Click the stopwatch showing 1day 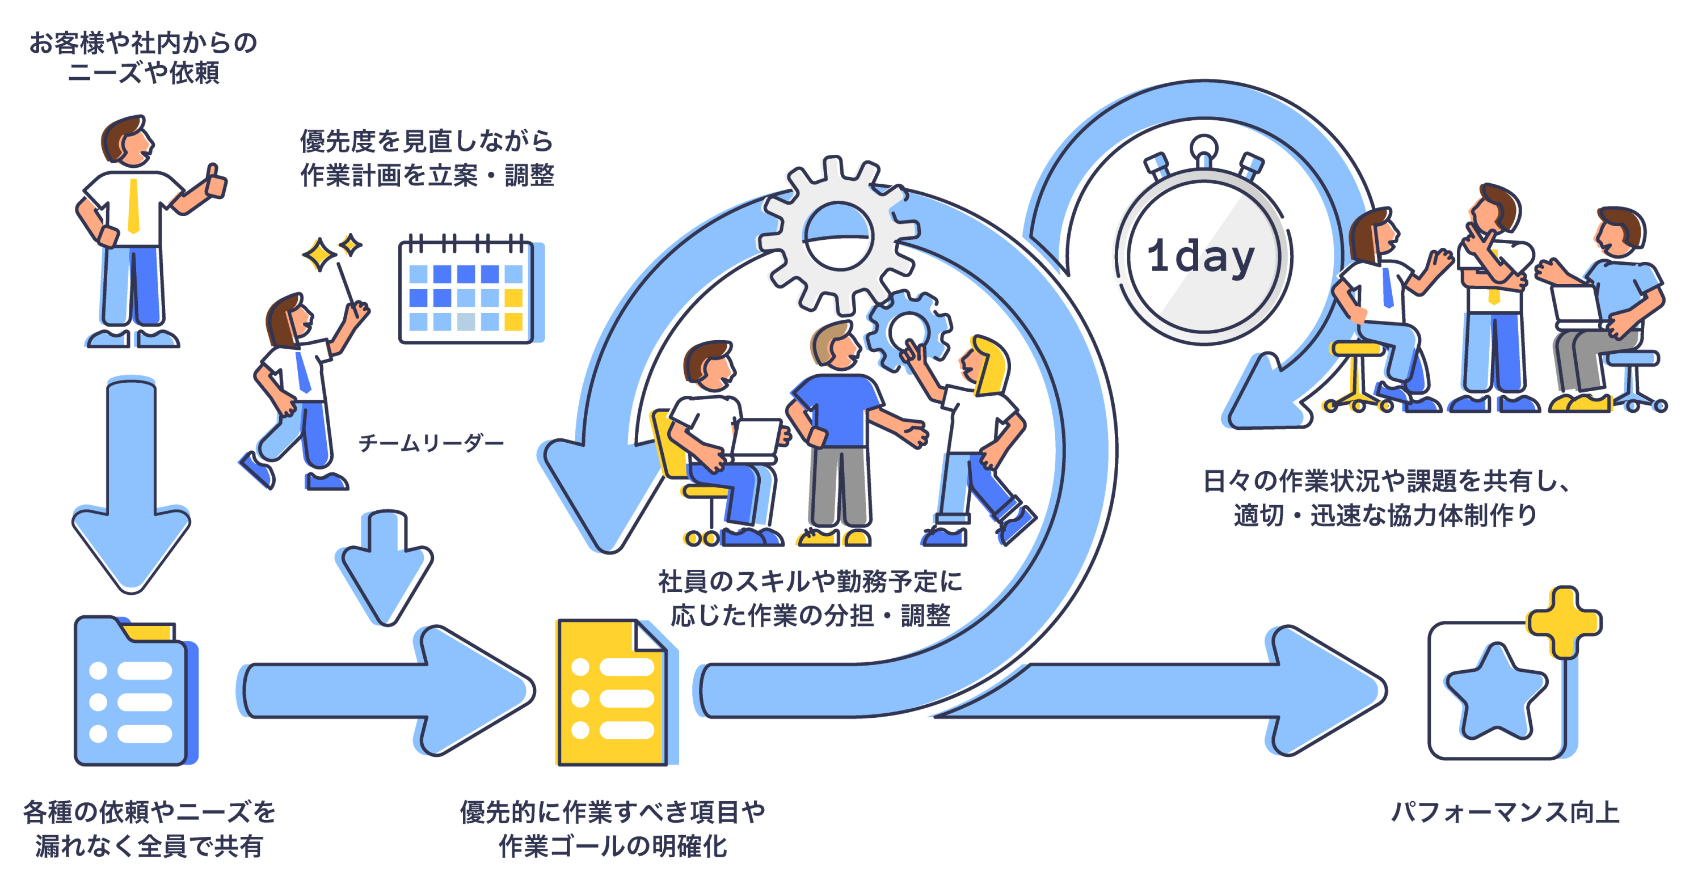(1203, 257)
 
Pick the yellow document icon (611, 693)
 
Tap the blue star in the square (1496, 693)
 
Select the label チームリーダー (431, 443)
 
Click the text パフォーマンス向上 (1505, 812)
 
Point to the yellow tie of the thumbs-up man (133, 205)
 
